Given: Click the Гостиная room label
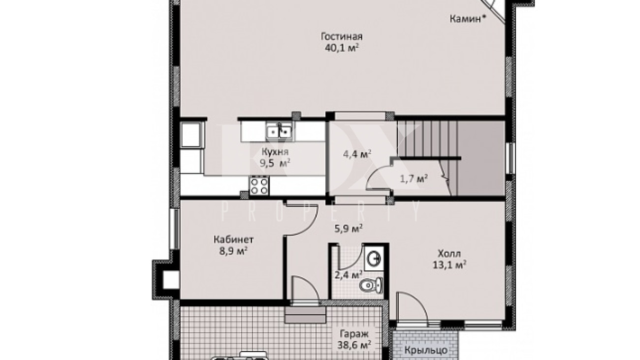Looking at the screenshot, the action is pyautogui.click(x=342, y=37).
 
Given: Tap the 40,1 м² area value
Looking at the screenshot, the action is pyautogui.click(x=342, y=48).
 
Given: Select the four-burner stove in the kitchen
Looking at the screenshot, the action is pyautogui.click(x=259, y=186).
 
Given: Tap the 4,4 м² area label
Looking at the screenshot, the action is pyautogui.click(x=357, y=155).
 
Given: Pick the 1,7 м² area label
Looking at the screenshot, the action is pyautogui.click(x=414, y=179).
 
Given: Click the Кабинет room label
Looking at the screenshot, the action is pyautogui.click(x=233, y=239).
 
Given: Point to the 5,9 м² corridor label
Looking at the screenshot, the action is pyautogui.click(x=349, y=229).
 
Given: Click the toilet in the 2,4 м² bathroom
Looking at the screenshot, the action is pyautogui.click(x=371, y=285).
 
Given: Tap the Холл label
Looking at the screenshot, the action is pyautogui.click(x=449, y=254).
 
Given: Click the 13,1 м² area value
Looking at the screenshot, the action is pyautogui.click(x=449, y=265).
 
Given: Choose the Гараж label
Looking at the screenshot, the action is pyautogui.click(x=354, y=334).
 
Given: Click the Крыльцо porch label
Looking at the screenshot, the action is pyautogui.click(x=425, y=350).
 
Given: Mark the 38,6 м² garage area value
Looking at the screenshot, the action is pyautogui.click(x=354, y=345).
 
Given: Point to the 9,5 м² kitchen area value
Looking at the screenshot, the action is pyautogui.click(x=275, y=164).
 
